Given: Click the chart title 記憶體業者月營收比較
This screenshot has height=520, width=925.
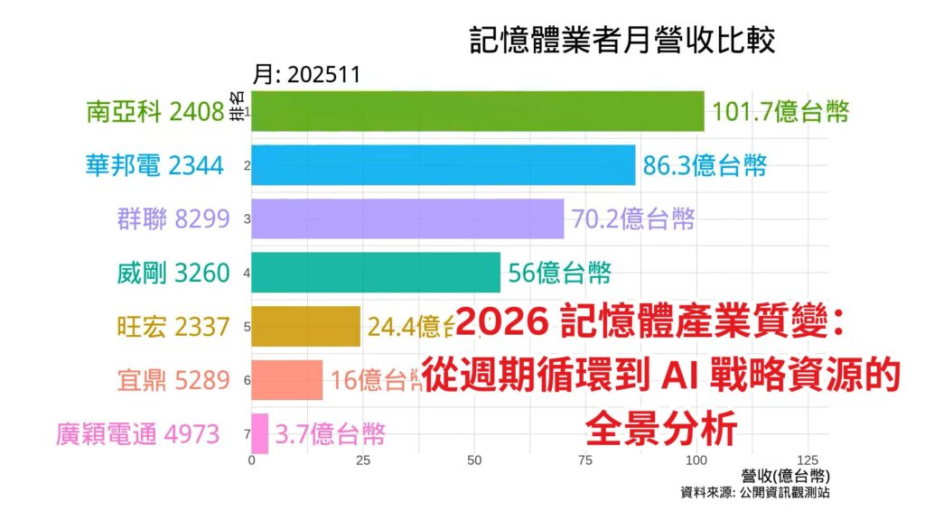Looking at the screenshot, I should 622,41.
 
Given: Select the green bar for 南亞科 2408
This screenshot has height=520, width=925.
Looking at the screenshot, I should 477,111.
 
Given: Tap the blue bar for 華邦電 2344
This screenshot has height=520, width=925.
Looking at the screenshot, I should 443,165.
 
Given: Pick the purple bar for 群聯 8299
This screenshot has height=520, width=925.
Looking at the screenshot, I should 407,218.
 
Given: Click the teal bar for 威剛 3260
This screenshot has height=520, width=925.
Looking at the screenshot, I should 375,272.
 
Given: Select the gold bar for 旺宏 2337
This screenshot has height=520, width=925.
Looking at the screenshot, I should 305,326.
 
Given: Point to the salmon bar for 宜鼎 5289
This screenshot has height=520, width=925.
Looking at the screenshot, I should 286,380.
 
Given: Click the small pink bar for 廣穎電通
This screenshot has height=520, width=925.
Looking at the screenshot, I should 260,433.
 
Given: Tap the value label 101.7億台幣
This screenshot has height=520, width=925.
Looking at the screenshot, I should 780,111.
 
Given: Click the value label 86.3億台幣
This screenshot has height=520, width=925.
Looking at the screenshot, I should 705,165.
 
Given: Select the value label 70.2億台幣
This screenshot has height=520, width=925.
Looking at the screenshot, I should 632,218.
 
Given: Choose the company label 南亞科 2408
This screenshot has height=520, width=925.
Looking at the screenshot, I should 154,111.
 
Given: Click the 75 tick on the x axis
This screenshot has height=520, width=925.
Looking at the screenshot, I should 585,460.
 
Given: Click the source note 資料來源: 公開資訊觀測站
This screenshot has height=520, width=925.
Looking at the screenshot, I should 755,493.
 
